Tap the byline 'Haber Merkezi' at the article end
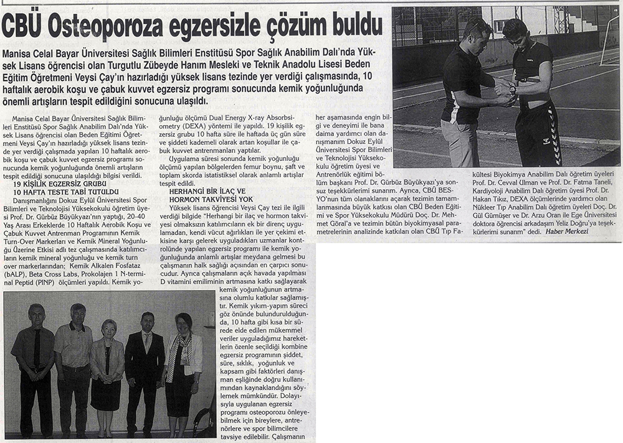pos(566,231)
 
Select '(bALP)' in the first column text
pos(16,274)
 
